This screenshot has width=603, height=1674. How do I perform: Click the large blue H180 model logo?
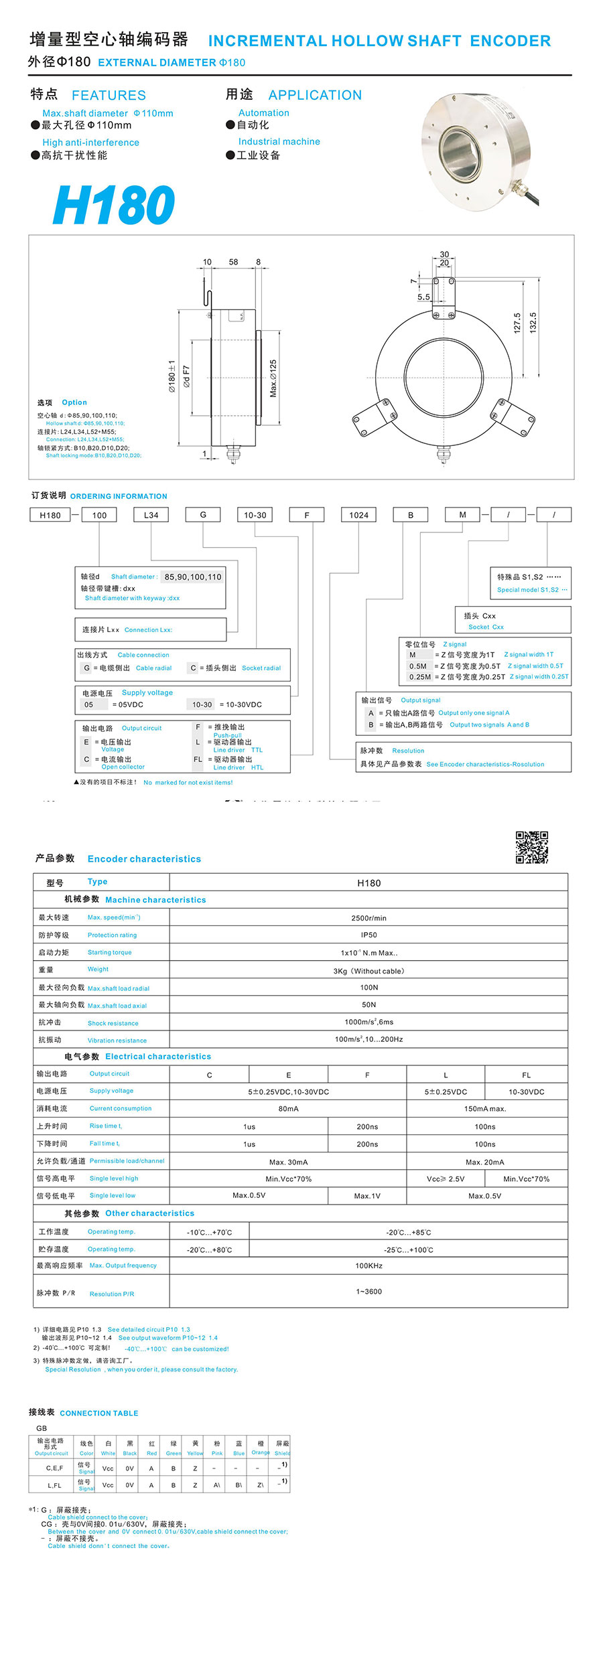[x=114, y=205]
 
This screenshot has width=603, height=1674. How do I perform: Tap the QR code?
[x=531, y=847]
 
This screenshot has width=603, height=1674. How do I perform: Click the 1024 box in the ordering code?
[x=358, y=515]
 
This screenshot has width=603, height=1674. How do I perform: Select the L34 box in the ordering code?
[x=151, y=515]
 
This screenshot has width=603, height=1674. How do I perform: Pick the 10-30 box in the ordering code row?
[x=255, y=515]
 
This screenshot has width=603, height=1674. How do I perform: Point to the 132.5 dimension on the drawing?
[x=533, y=323]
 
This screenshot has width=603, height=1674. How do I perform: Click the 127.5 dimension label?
[x=517, y=323]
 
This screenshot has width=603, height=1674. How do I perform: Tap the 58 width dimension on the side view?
[x=233, y=262]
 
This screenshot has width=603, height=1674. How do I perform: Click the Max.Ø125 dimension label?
[x=273, y=378]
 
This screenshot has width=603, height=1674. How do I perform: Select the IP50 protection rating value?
[x=368, y=935]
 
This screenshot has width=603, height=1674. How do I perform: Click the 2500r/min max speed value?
[x=368, y=918]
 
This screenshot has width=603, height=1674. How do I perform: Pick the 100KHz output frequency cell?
[x=368, y=1266]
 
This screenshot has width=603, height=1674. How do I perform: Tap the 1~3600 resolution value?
[x=368, y=1291]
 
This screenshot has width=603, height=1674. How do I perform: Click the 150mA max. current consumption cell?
[x=485, y=1109]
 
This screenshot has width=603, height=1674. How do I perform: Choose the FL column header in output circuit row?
[x=526, y=1075]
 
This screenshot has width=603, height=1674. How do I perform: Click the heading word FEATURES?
[x=109, y=95]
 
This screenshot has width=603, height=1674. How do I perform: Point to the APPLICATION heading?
[x=315, y=95]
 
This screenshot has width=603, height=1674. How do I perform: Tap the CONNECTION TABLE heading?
[x=99, y=1413]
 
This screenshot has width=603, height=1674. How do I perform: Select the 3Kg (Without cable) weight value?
[x=368, y=971]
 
